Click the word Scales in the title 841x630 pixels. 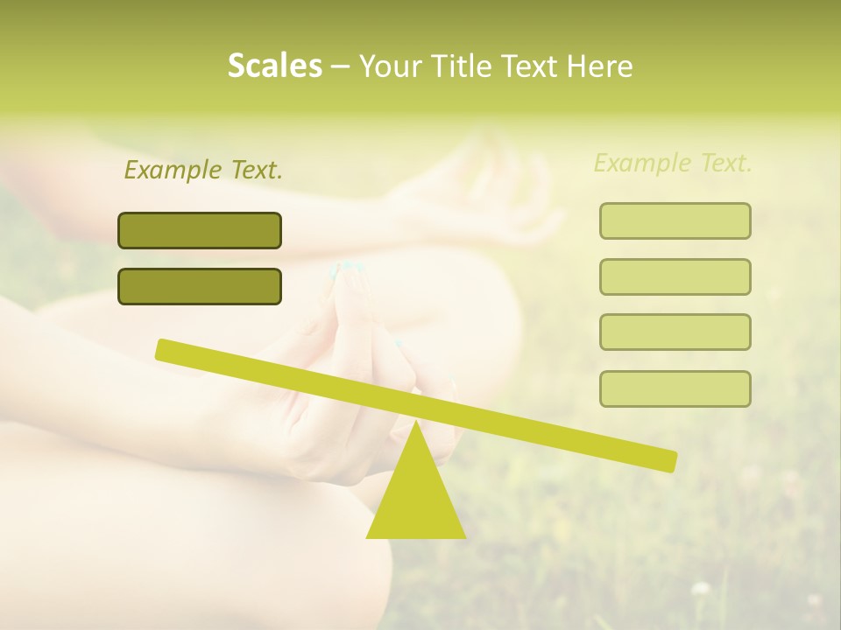[274, 66]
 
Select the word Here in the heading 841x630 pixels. [601, 66]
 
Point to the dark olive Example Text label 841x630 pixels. [203, 170]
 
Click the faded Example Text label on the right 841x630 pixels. [673, 163]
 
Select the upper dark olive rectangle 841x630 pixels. [200, 230]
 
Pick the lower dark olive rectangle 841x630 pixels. [200, 286]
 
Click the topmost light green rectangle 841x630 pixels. [675, 220]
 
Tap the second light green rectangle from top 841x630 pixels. [675, 276]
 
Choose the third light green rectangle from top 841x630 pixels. [675, 332]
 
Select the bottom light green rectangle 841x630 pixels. [675, 388]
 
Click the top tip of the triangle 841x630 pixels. [415, 424]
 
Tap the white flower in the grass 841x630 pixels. [700, 589]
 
